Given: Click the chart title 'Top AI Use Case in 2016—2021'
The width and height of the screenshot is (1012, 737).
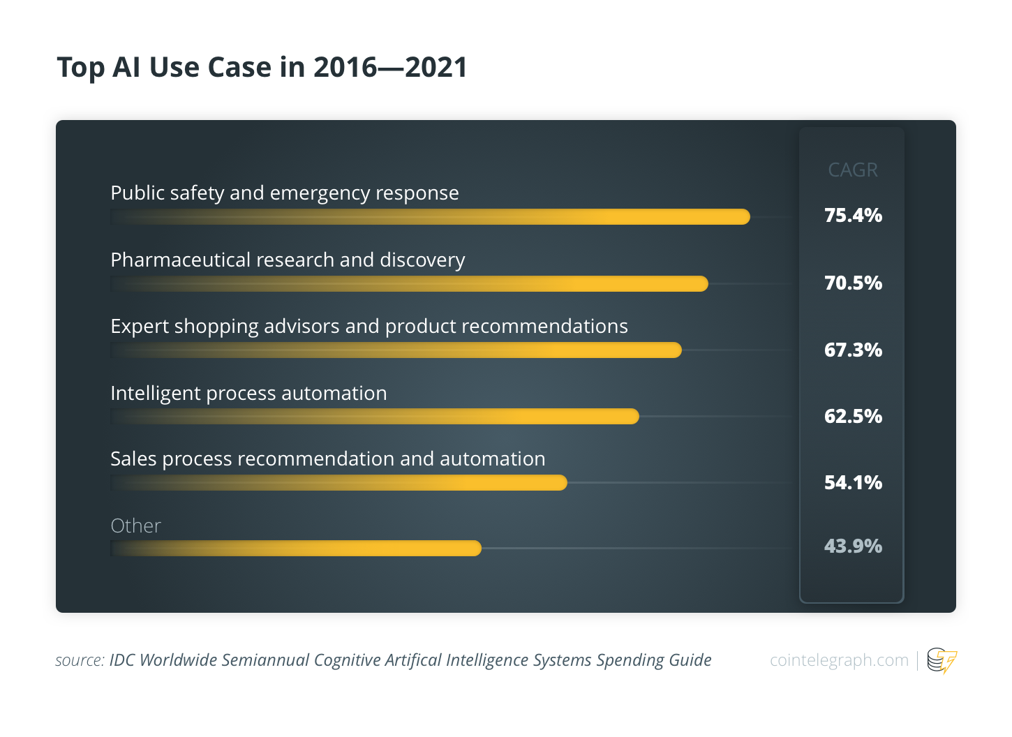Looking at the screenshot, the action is pos(262,68).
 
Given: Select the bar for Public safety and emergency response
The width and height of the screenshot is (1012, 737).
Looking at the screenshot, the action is pos(430,217).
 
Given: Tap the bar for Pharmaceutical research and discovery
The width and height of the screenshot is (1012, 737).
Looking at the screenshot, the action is pos(409,284).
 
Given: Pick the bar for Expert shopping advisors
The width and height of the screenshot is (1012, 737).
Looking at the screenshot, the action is pos(396,350).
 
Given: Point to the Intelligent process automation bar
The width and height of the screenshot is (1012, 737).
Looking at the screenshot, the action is pos(375,416).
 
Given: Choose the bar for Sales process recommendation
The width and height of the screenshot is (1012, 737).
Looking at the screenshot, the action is pos(338,482).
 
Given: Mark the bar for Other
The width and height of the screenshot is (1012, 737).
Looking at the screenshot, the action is pos(296,548).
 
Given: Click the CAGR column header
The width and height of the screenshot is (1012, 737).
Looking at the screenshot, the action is pos(852,170).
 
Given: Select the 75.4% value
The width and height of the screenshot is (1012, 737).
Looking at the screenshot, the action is pos(853,215).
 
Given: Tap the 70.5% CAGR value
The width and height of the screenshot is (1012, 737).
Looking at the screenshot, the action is pos(853,283).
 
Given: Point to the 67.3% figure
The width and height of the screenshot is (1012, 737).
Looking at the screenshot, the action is pos(853,350).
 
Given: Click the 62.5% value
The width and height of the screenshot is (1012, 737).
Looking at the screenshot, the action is pos(853,416).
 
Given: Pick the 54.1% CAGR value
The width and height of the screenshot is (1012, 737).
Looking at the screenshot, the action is pos(853,482).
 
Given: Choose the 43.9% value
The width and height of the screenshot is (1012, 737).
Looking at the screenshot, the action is pos(853,546).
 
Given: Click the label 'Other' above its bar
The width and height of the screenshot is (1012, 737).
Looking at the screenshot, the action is pos(135,526).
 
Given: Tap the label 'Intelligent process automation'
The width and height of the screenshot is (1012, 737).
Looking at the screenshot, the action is pos(248,394).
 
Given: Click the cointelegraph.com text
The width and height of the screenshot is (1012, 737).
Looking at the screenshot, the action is pos(839,660).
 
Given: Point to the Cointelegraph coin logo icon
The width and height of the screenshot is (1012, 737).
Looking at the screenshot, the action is pos(942,661).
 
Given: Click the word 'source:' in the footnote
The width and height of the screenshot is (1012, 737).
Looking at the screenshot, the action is pos(80,660).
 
